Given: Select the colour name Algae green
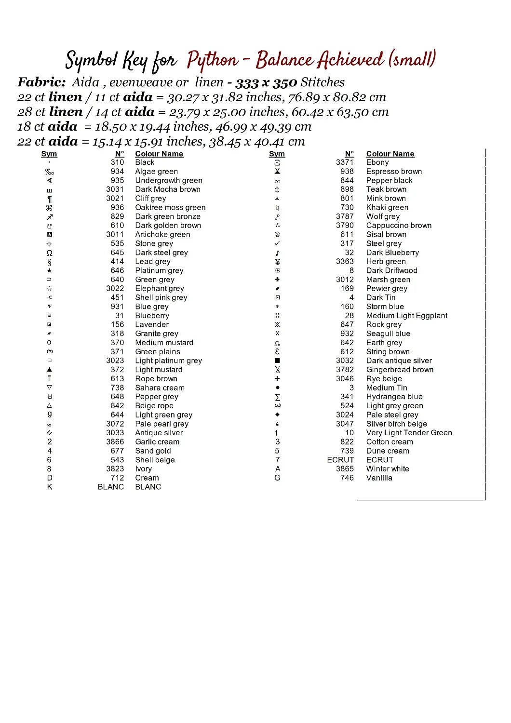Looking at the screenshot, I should click(x=156, y=172).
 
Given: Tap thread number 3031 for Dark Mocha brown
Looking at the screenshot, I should click(x=115, y=189).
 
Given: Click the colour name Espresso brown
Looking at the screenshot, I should click(x=394, y=172).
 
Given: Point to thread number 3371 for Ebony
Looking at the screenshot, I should click(x=345, y=162).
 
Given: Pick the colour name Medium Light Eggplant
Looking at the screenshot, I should click(x=406, y=316).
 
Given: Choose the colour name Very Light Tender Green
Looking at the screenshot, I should click(x=409, y=433).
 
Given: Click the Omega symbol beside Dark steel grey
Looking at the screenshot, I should click(x=50, y=253).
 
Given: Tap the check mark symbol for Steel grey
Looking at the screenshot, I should click(x=277, y=244).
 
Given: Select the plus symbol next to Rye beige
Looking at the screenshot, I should click(x=277, y=379).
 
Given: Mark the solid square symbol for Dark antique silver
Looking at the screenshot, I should click(x=277, y=361).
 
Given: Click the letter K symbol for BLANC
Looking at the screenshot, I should click(x=50, y=487).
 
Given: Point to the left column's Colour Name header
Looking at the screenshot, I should click(x=159, y=154).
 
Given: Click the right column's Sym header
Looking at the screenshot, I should click(x=277, y=154).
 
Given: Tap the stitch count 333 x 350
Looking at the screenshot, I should click(x=266, y=83).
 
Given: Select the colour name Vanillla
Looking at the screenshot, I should click(x=379, y=478).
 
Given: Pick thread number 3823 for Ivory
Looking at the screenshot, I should click(x=115, y=469).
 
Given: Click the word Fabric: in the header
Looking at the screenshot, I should click(x=41, y=82).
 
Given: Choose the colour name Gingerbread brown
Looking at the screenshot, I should click(x=400, y=370).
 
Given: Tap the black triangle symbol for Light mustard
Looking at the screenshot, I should click(x=50, y=370).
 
